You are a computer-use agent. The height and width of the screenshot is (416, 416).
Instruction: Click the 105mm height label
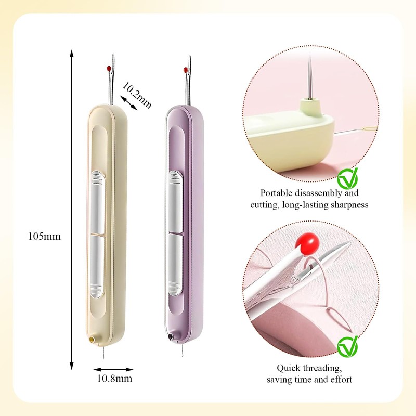click(45, 236)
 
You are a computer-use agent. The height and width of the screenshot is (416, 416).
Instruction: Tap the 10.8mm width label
click(113, 379)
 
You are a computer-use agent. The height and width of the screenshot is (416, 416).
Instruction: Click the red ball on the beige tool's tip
click(108, 68)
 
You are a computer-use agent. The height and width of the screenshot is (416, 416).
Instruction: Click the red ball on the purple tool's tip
click(185, 70)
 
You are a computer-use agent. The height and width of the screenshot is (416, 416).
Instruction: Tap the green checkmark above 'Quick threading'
click(347, 345)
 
